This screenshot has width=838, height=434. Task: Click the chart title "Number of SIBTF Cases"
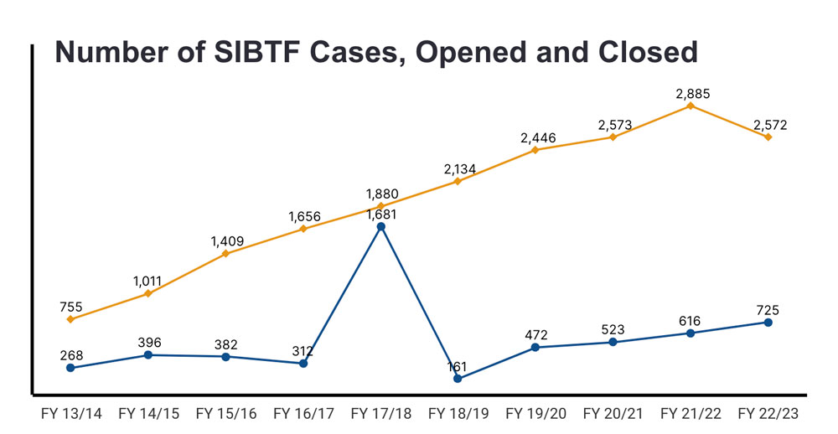point(376,52)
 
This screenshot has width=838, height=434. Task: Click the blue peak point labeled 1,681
point(380,226)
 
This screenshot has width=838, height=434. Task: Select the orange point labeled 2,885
point(691,106)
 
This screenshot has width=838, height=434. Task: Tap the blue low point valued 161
point(458,379)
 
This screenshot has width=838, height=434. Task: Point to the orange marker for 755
point(70,319)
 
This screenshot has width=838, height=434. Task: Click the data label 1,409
point(226,241)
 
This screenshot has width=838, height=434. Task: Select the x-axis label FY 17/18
point(380,414)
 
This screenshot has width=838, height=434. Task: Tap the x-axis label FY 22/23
point(768,414)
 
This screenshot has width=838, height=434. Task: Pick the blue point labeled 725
point(768,323)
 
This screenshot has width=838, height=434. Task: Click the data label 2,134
point(458,169)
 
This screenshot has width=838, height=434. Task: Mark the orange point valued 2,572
point(768,137)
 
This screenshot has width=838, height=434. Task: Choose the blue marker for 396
point(148,355)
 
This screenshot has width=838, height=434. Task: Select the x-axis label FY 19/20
point(535,414)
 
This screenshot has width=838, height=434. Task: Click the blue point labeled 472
point(535,347)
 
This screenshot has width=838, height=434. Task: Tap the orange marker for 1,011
point(148,293)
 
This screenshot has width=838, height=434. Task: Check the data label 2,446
point(535,137)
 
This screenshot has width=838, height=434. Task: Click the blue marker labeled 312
point(303,364)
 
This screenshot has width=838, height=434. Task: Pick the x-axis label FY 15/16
point(225,414)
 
